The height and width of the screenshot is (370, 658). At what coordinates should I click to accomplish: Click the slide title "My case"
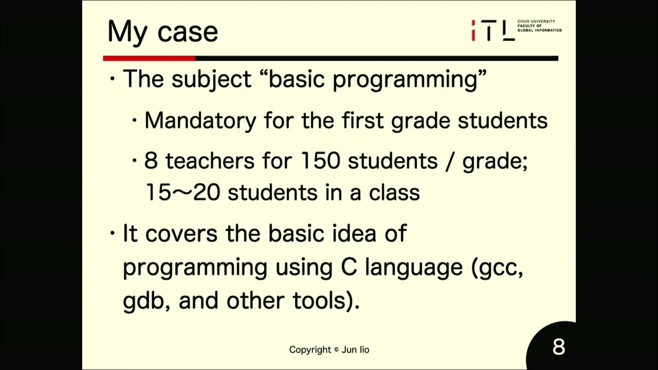162,32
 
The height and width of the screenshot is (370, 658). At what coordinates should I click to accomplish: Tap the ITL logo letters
493,30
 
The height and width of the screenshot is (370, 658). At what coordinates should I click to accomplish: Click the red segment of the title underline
149,58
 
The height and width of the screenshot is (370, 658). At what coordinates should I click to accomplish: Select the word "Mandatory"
200,121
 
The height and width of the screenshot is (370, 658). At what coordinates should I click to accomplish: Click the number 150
320,161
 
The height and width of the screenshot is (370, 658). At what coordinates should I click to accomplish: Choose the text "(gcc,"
498,268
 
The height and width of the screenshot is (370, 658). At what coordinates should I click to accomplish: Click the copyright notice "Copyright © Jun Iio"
329,350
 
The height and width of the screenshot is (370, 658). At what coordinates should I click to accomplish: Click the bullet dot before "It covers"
113,234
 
